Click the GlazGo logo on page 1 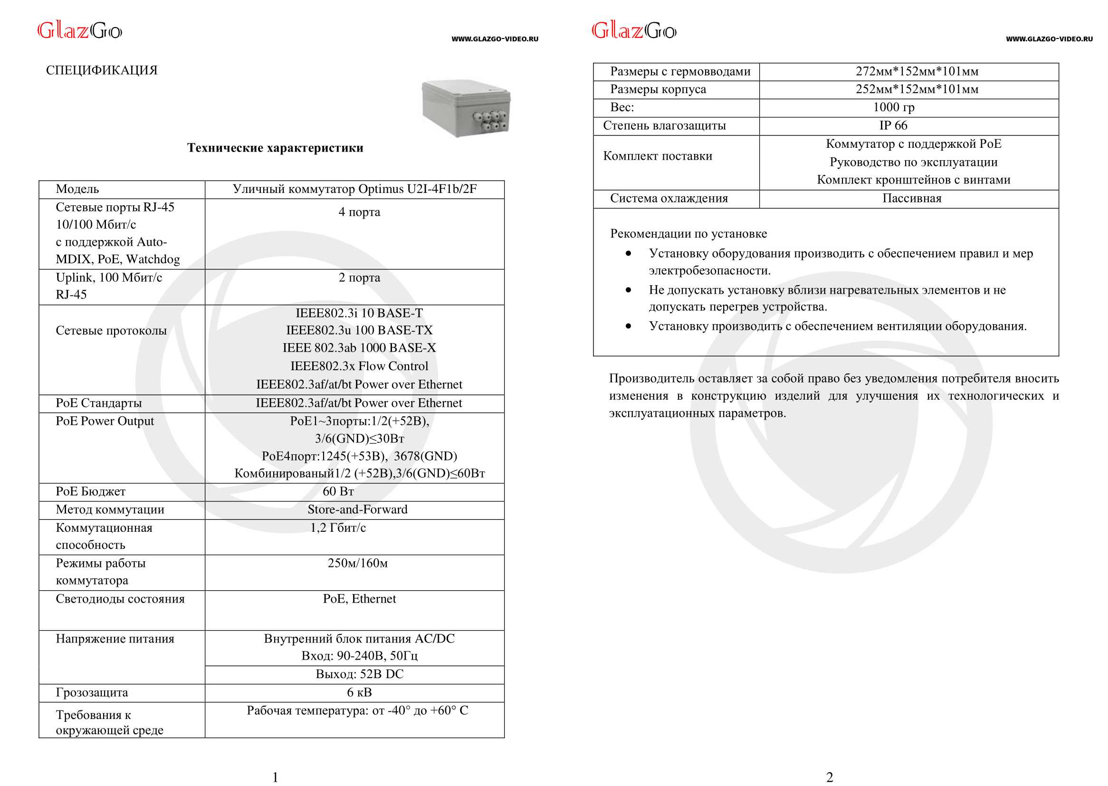click(x=80, y=31)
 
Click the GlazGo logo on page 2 click(x=634, y=31)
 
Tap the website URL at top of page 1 click(x=495, y=39)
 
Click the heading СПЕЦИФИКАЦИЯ click(x=102, y=71)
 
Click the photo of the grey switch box click(x=466, y=108)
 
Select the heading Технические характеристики click(x=275, y=148)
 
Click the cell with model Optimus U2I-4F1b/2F click(x=354, y=189)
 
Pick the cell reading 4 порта click(x=359, y=212)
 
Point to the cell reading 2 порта click(x=359, y=278)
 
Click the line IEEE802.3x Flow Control click(x=359, y=366)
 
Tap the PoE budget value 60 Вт click(x=338, y=492)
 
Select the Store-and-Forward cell click(x=358, y=509)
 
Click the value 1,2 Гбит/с click(x=338, y=528)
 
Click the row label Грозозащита click(x=92, y=692)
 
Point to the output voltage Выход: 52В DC click(x=359, y=674)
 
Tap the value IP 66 click(x=893, y=126)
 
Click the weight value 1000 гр click(x=893, y=107)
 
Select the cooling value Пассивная click(x=912, y=199)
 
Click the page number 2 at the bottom click(x=829, y=777)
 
